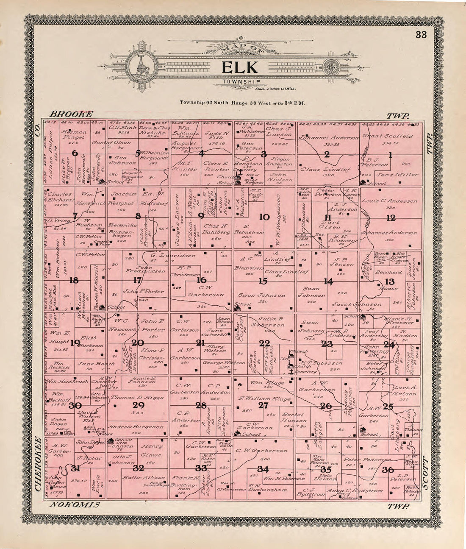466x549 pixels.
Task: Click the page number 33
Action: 421,35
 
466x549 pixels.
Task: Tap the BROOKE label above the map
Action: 71,114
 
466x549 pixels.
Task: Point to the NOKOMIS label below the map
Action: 75,504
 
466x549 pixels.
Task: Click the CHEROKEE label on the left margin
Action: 38,463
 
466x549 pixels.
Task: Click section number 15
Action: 264,280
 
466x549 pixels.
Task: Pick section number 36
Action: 388,469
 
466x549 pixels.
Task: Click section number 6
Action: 75,153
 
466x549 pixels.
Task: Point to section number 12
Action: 391,218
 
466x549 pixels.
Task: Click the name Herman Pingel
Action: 74,134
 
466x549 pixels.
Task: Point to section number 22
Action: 264,343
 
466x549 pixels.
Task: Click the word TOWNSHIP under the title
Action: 240,81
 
